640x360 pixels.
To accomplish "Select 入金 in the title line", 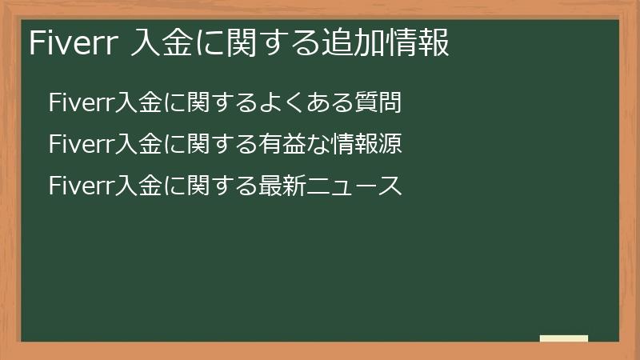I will click(x=161, y=42).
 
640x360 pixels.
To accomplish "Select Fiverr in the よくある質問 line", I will click(x=81, y=102).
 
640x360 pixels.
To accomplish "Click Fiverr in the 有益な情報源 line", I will click(x=81, y=145).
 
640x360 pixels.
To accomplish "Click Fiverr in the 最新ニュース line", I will click(x=81, y=187).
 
